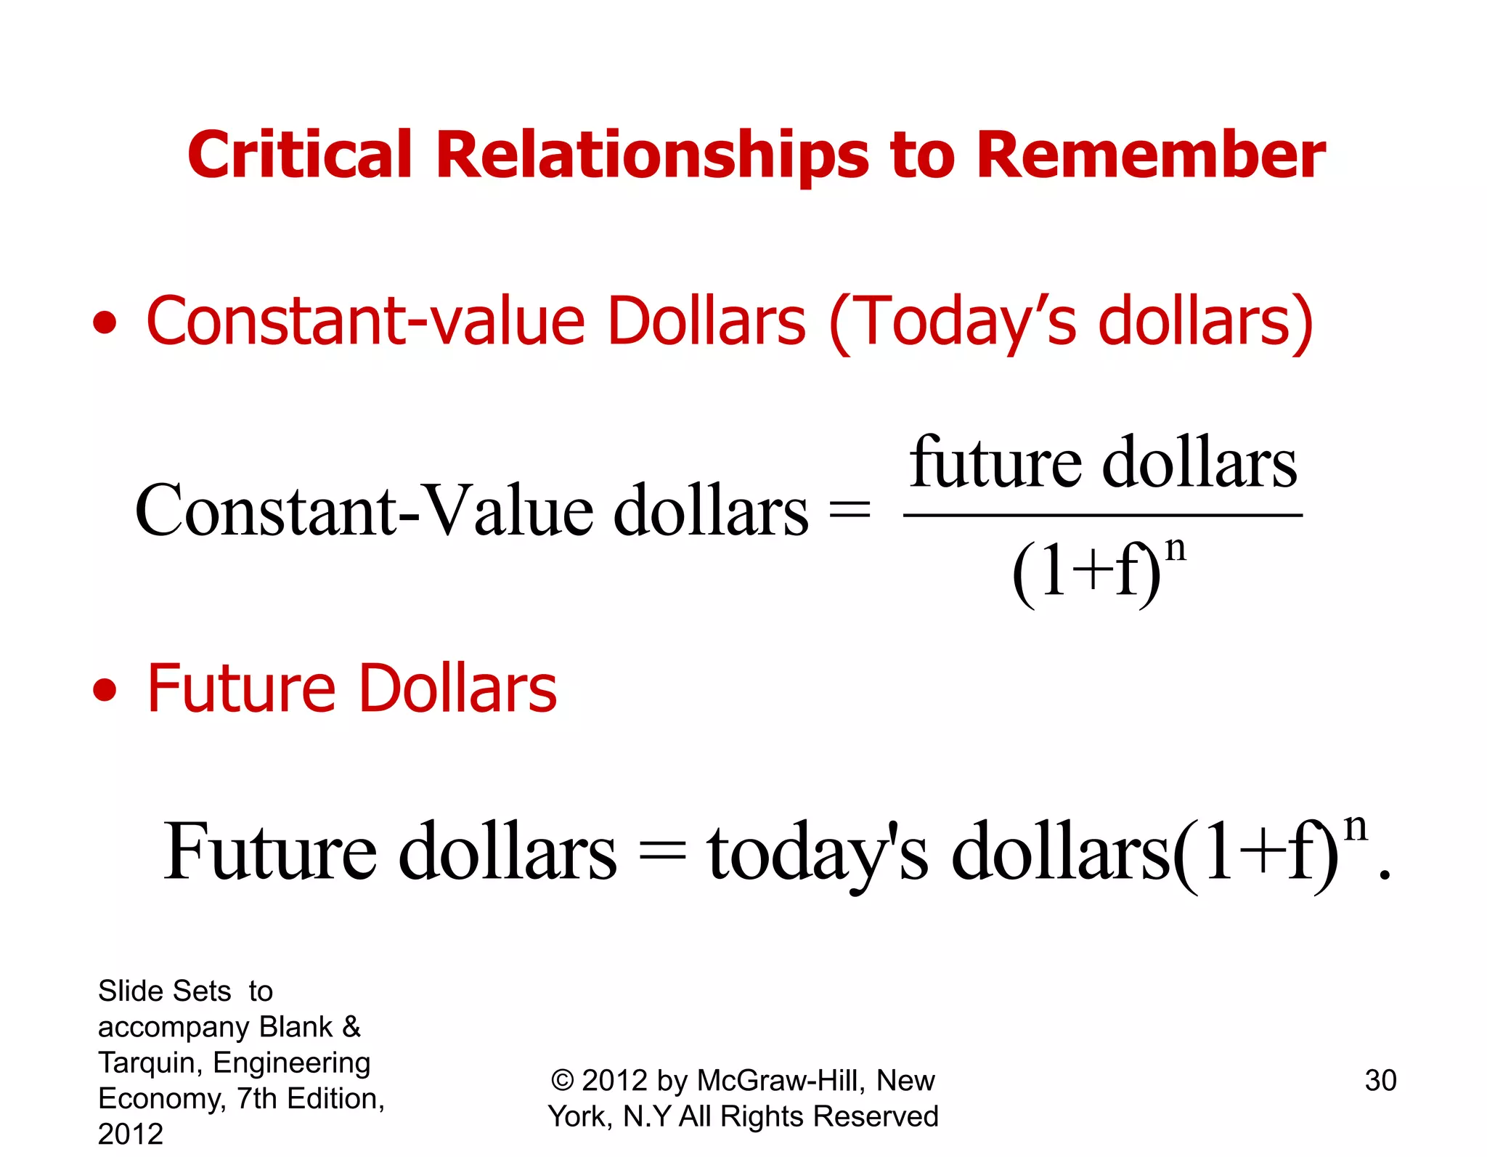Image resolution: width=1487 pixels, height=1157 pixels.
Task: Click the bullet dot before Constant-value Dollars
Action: pyautogui.click(x=105, y=323)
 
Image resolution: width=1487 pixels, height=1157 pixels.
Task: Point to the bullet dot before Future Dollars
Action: pyautogui.click(x=105, y=690)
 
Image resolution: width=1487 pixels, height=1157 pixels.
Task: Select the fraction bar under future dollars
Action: pyautogui.click(x=1102, y=516)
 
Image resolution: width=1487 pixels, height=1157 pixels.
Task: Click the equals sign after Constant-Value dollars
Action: pyautogui.click(x=850, y=509)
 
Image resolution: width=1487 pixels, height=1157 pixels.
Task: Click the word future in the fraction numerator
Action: pyautogui.click(x=995, y=463)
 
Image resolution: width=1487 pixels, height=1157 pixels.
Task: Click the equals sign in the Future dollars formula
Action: pyautogui.click(x=661, y=851)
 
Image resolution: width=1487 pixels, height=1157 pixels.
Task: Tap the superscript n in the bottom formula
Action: pyautogui.click(x=1356, y=827)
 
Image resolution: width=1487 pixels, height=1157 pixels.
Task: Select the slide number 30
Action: pyautogui.click(x=1380, y=1081)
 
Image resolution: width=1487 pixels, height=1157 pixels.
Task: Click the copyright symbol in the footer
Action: pyautogui.click(x=563, y=1081)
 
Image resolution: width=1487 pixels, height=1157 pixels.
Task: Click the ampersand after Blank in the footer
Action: pyautogui.click(x=351, y=1027)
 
